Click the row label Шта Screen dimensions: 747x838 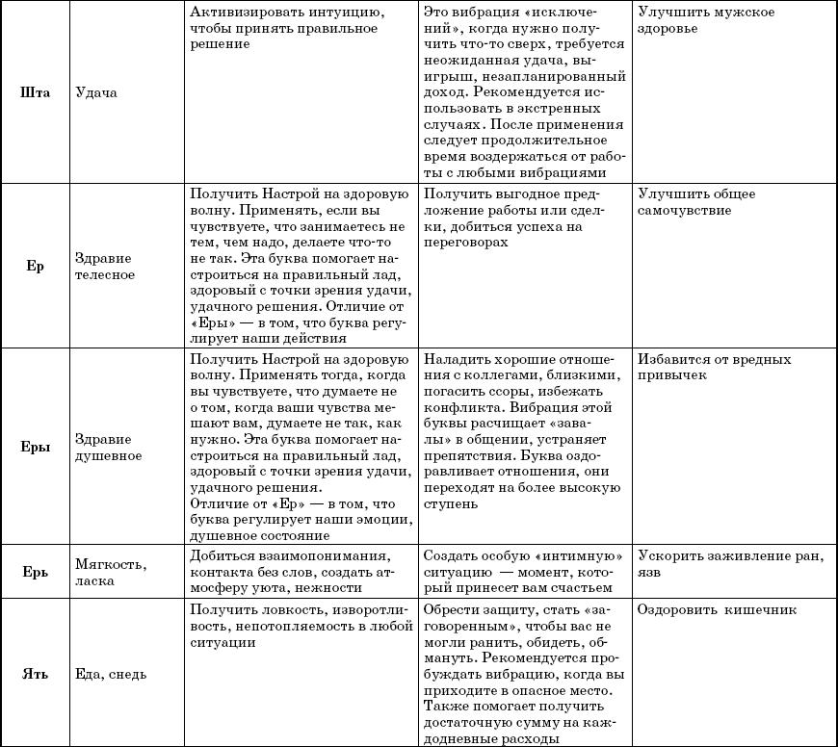tap(35, 92)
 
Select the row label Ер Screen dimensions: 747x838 tap(35, 267)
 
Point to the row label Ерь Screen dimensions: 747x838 tap(35, 572)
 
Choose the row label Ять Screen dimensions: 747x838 tap(35, 674)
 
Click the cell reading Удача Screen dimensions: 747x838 tap(95, 92)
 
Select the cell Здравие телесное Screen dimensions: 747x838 tap(104, 267)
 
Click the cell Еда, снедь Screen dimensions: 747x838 tap(111, 674)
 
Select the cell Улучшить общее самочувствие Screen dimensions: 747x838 tap(696, 202)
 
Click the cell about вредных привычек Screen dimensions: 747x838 tap(714, 367)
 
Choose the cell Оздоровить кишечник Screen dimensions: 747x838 tap(717, 609)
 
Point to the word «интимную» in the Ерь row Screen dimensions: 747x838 tap(573, 557)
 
